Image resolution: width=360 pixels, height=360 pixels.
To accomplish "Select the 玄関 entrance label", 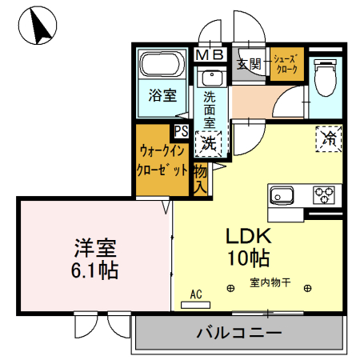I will click(x=249, y=64).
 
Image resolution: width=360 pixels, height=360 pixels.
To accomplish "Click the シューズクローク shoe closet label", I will click(x=286, y=64).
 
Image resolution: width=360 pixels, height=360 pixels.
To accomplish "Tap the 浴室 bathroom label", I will click(x=162, y=96).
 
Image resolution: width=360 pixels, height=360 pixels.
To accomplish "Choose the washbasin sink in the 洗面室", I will click(x=212, y=78).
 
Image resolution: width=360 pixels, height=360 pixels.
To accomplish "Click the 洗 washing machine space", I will click(x=210, y=143).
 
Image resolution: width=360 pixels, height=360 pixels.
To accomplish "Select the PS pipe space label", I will click(x=182, y=131).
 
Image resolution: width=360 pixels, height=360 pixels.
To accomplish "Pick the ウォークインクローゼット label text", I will click(x=164, y=160).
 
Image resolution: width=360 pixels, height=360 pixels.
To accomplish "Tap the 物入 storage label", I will click(x=201, y=179).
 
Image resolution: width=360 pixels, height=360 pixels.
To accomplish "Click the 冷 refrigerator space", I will click(x=329, y=137).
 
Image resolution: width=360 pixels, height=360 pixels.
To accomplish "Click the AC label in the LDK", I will click(x=197, y=294).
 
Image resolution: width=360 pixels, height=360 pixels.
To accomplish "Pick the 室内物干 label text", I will click(x=268, y=282).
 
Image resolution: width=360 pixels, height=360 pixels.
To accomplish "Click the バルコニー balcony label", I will click(x=238, y=332).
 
